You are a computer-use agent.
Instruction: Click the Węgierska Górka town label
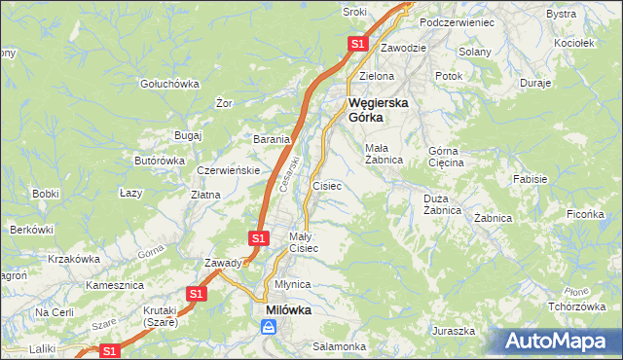point(378,109)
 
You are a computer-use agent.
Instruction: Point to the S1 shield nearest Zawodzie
point(357,44)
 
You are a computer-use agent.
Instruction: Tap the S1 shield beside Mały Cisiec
point(258,237)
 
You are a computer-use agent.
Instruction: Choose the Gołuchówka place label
point(168,84)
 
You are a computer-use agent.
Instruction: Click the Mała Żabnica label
point(384,154)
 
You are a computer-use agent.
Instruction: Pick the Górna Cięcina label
point(447,157)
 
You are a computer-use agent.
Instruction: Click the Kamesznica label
point(115,286)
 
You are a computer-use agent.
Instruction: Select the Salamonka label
point(339,346)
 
